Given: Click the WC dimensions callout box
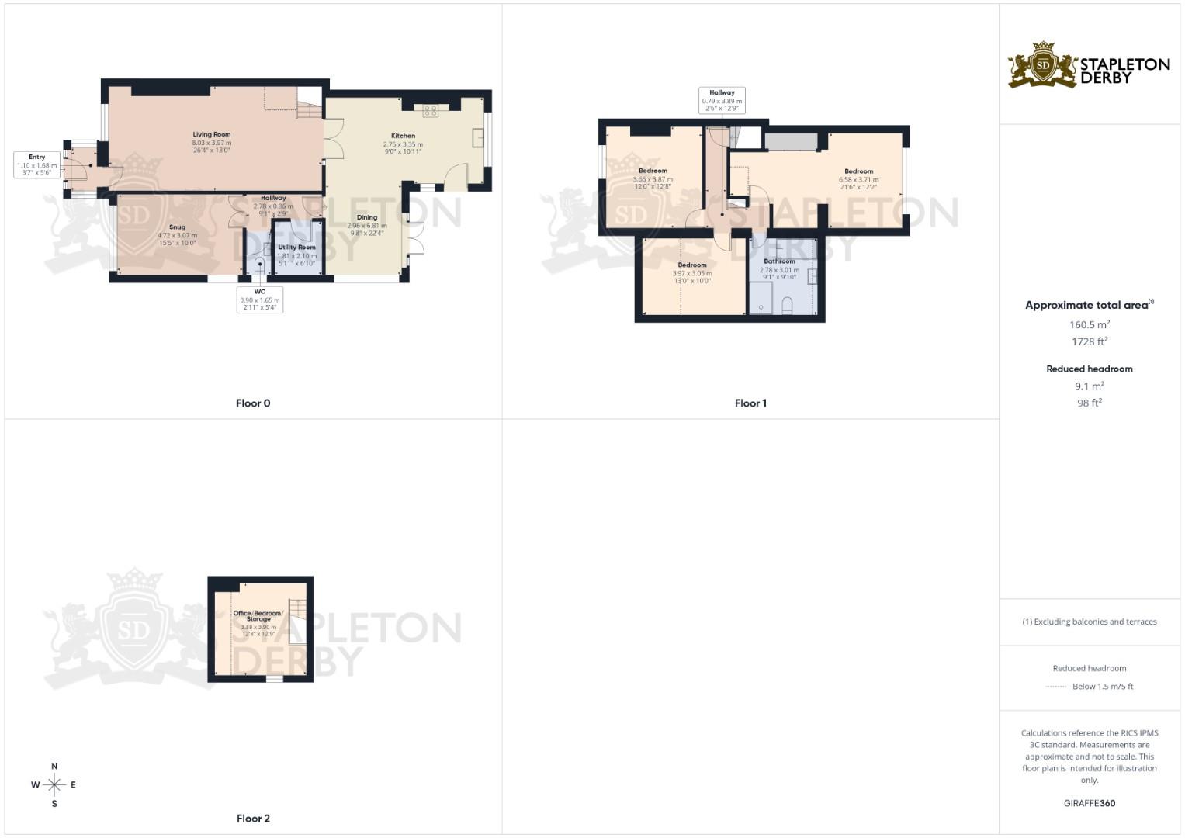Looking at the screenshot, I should (x=260, y=300).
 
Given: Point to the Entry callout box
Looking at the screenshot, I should (x=37, y=164).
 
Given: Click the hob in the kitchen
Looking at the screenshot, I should (x=430, y=111).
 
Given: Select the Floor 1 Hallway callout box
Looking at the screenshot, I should (x=722, y=100).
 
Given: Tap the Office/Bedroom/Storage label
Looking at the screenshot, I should (x=258, y=616).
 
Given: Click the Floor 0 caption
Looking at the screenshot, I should (x=253, y=403).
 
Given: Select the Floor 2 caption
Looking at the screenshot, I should (x=253, y=819).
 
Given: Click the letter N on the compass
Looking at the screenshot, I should (x=54, y=767).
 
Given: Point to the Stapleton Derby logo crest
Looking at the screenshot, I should (x=1043, y=65).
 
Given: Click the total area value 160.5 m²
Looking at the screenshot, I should (x=1090, y=325).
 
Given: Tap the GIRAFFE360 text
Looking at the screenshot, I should (x=1089, y=804).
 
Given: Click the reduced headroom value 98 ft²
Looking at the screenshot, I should (x=1090, y=403).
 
